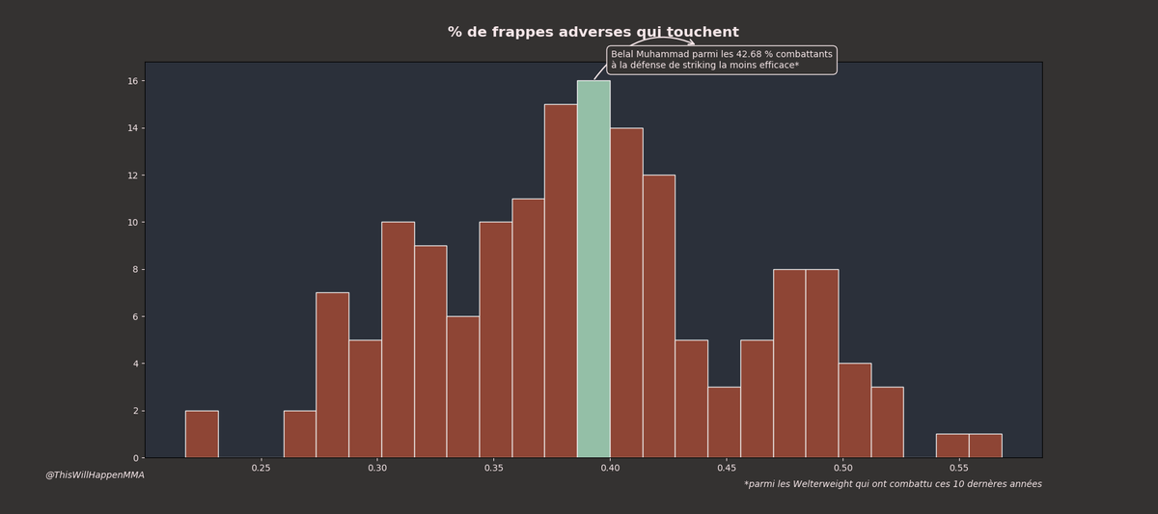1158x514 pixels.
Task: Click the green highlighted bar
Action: [593, 269]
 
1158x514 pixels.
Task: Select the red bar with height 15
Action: [561, 281]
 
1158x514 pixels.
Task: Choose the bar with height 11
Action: [528, 328]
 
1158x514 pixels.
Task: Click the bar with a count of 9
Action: [430, 352]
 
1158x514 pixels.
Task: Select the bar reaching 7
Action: [332, 375]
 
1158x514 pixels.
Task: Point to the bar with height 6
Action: [463, 387]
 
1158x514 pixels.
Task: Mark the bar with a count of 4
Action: [855, 411]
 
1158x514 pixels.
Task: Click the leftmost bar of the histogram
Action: [202, 434]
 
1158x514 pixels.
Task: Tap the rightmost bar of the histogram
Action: [985, 446]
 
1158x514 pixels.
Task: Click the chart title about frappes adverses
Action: [593, 33]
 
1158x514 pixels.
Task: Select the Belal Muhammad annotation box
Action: [721, 60]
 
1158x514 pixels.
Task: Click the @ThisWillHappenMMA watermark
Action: [95, 474]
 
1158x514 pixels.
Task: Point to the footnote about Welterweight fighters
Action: [893, 484]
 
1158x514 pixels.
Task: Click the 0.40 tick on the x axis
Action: [610, 468]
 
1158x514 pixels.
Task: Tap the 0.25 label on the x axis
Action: [261, 468]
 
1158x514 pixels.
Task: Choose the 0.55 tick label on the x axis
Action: [958, 468]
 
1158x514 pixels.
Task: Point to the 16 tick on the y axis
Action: [132, 81]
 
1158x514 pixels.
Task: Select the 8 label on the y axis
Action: [135, 269]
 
